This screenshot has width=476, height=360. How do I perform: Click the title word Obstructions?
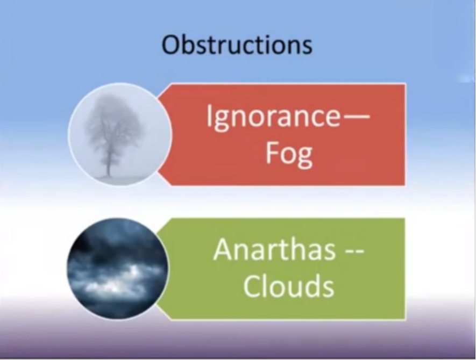pos(237,45)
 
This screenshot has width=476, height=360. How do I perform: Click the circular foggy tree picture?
pos(119,134)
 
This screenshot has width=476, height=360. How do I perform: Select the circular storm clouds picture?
pos(118,269)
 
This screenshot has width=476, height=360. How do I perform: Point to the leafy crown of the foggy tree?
pos(113,121)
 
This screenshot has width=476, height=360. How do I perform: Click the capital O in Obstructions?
pos(170,45)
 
